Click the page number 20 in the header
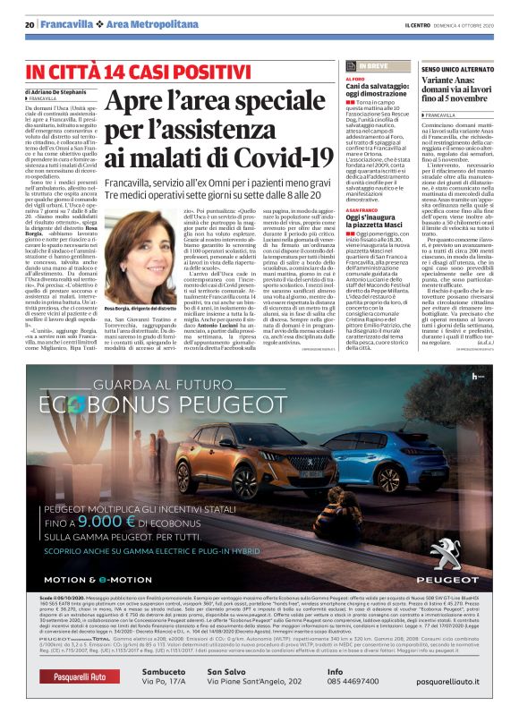(x=30, y=23)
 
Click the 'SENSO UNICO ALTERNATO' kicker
(x=457, y=69)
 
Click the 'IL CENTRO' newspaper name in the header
(x=419, y=23)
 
